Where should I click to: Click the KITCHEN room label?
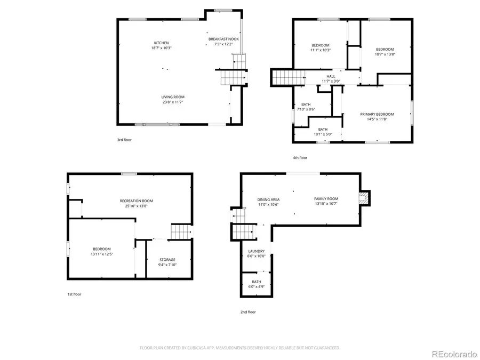click(162, 43)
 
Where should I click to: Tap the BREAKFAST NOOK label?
click(223, 39)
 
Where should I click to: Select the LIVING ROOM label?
click(173, 97)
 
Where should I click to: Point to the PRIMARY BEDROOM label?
click(377, 114)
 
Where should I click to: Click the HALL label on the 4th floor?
click(331, 76)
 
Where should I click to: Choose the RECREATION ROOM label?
click(136, 201)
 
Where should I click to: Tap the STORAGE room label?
click(167, 260)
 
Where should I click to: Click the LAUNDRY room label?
click(256, 251)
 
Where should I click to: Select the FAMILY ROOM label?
click(325, 198)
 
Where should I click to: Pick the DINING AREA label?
click(268, 199)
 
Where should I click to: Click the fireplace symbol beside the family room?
click(364, 198)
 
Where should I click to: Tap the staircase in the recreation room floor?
click(180, 233)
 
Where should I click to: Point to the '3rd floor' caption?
click(124, 140)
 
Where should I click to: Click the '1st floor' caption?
click(74, 294)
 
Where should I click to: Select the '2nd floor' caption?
click(248, 312)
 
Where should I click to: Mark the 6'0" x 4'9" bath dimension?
click(256, 287)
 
